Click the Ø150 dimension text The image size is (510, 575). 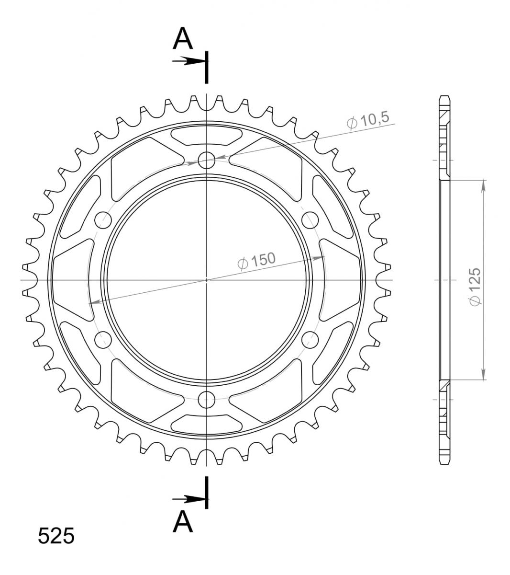(x=256, y=260)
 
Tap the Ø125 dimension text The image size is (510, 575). (x=475, y=287)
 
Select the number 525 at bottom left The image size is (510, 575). (x=56, y=536)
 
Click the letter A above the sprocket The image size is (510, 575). (x=183, y=38)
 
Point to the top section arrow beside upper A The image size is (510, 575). (x=188, y=61)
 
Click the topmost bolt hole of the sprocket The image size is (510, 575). (x=207, y=161)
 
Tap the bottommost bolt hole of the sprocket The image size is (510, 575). (x=207, y=400)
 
